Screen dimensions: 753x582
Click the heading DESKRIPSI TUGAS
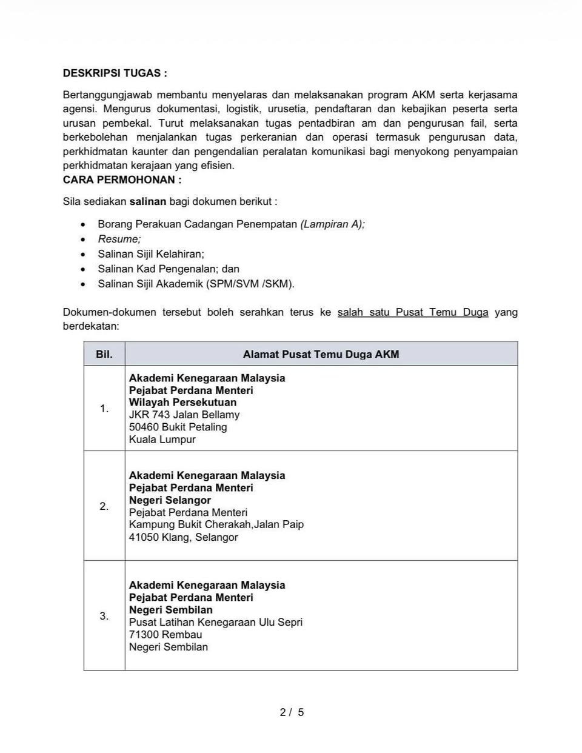pos(115,73)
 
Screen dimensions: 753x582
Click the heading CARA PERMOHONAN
pos(122,180)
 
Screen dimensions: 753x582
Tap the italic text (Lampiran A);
pos(332,224)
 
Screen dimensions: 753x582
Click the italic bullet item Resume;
pos(119,239)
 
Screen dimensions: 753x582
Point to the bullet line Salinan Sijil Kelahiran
pos(151,254)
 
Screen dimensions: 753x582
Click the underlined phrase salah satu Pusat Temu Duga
pos(412,312)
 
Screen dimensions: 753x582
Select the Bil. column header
pos(104,354)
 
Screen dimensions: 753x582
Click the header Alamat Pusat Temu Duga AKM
pos(321,354)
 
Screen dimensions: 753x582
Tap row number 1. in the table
pos(104,409)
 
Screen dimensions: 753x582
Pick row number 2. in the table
pos(104,506)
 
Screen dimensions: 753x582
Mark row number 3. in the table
pos(104,616)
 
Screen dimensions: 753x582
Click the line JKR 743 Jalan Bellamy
pos(184,415)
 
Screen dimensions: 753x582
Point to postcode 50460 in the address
pos(144,427)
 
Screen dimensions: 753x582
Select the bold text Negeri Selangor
pos(170,500)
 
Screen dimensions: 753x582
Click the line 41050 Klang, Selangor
pos(183,537)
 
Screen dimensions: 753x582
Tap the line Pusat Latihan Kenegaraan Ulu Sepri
pos(215,622)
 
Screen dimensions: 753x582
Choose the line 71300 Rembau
pos(166,635)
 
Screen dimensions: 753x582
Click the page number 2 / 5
pos(292,712)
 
